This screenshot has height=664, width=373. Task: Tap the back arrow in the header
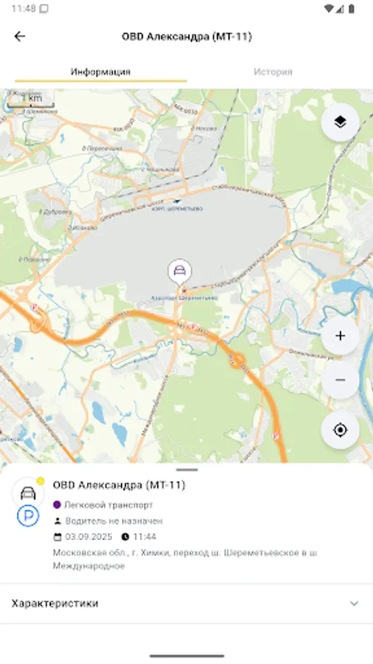pyautogui.click(x=20, y=36)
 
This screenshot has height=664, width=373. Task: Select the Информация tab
pyautogui.click(x=100, y=72)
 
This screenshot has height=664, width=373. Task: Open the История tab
pyautogui.click(x=273, y=72)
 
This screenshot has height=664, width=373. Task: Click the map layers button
pyautogui.click(x=340, y=122)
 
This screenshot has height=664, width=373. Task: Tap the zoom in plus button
pyautogui.click(x=340, y=336)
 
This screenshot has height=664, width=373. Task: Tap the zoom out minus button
pyautogui.click(x=340, y=380)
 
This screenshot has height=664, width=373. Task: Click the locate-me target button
pyautogui.click(x=340, y=429)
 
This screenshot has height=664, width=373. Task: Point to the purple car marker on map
pyautogui.click(x=178, y=271)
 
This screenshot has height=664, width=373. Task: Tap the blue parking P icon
pyautogui.click(x=28, y=516)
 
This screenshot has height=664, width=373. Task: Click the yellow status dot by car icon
pyautogui.click(x=41, y=481)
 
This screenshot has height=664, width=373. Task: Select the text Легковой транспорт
pyautogui.click(x=109, y=505)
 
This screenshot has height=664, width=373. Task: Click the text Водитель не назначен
pyautogui.click(x=114, y=521)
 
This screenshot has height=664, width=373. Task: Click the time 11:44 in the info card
pyautogui.click(x=144, y=536)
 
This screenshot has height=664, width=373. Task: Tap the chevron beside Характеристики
pyautogui.click(x=354, y=604)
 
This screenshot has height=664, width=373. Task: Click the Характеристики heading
pyautogui.click(x=55, y=604)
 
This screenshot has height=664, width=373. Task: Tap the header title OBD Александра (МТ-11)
pyautogui.click(x=186, y=36)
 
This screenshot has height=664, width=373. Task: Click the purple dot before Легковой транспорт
pyautogui.click(x=57, y=505)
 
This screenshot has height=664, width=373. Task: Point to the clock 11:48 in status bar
pyautogui.click(x=24, y=8)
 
